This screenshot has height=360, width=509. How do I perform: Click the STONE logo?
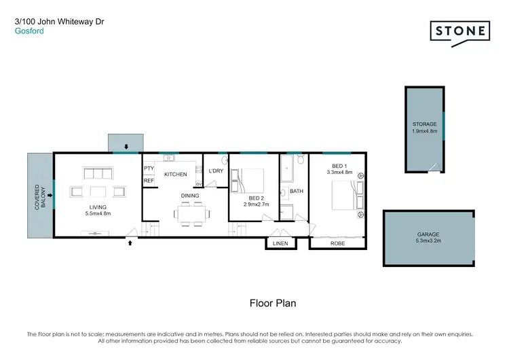pos(460,33)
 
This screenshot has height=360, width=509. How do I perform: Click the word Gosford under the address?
pos(29,31)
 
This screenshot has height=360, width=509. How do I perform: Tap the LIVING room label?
pos(99,208)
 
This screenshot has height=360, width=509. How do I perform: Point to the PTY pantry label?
pos(148,169)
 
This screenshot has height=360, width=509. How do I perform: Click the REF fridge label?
pos(148,181)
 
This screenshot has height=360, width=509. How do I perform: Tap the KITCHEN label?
pos(175,175)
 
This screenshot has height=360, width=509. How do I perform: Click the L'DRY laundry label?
pos(216,170)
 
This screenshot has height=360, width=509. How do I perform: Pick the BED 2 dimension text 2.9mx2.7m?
pos(257,204)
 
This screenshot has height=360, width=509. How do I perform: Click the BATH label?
pos(297,192)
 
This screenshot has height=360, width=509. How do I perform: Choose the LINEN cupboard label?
pos(280,243)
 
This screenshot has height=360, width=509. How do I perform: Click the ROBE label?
pos(337,243)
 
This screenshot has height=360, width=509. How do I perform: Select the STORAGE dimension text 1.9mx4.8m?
pos(424,130)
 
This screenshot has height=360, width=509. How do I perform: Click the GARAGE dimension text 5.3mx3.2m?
pos(428,240)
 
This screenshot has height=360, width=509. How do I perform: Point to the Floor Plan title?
pos(273,304)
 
